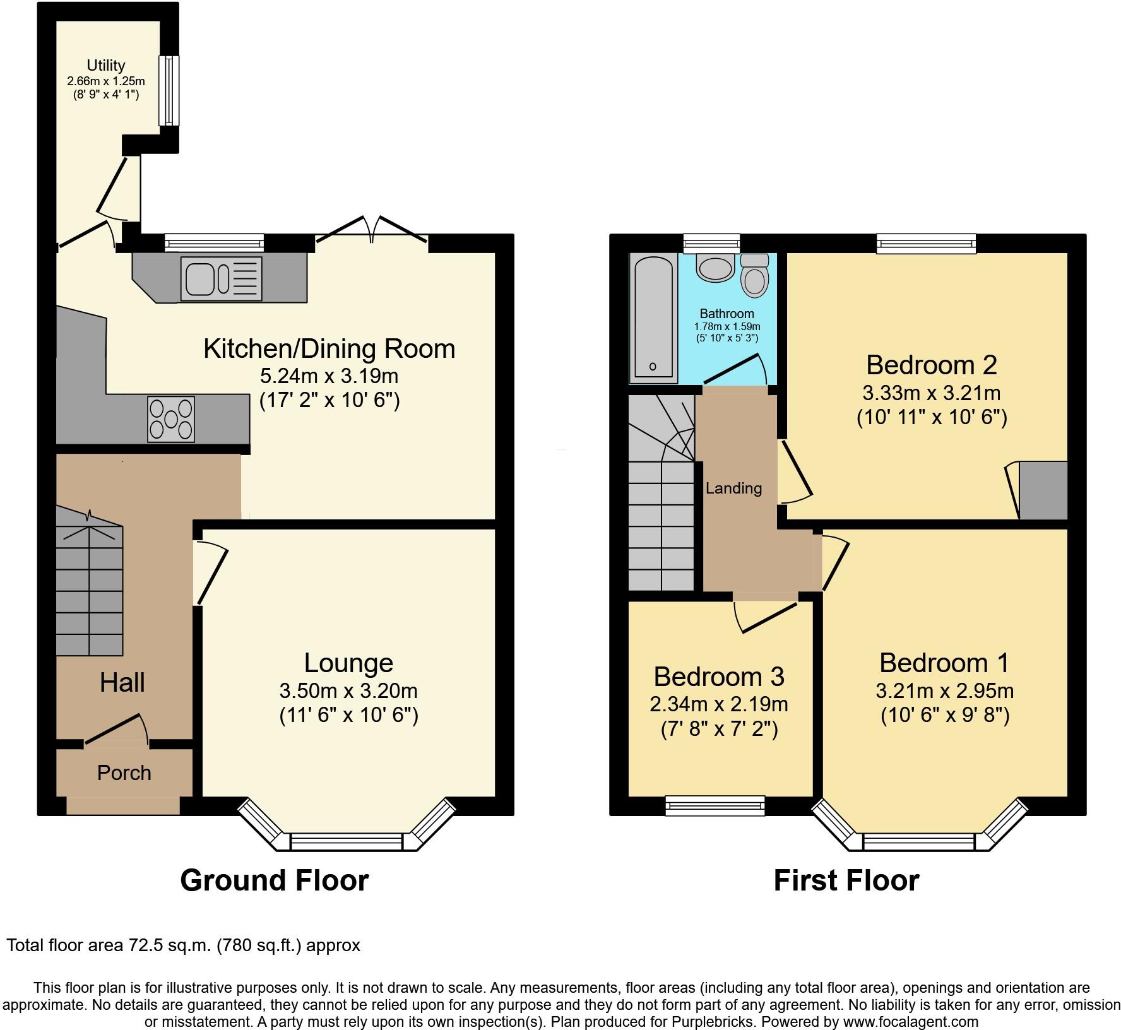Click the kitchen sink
click(x=221, y=278)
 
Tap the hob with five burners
click(x=171, y=419)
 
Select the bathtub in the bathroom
click(x=653, y=319)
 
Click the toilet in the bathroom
click(x=754, y=275)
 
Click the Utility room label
click(x=106, y=65)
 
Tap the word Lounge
click(x=348, y=663)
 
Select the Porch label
click(x=124, y=773)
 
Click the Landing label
click(x=733, y=488)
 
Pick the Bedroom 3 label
click(x=719, y=677)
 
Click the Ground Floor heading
click(x=275, y=880)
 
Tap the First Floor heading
click(x=846, y=880)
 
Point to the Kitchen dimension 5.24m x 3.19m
click(x=329, y=376)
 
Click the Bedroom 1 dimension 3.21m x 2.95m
click(x=945, y=691)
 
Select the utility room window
click(x=168, y=90)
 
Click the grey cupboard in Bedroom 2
click(x=1043, y=490)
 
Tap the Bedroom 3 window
click(x=715, y=805)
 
